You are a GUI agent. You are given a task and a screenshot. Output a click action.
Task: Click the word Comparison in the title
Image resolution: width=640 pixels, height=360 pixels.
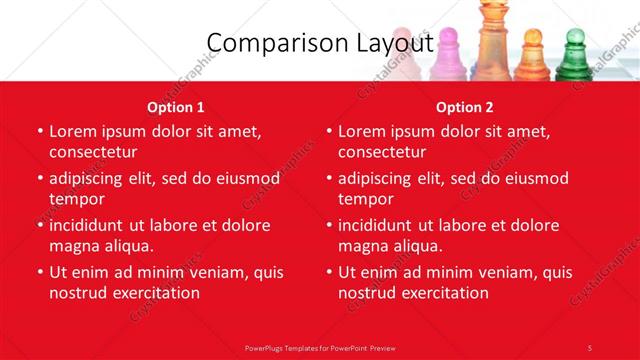(265, 43)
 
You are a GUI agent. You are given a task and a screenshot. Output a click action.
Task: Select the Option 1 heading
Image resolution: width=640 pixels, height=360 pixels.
(176, 107)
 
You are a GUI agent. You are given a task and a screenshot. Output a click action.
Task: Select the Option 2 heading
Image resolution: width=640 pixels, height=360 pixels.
(465, 107)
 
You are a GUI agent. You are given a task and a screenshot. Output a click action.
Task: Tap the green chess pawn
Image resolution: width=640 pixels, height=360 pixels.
(574, 57)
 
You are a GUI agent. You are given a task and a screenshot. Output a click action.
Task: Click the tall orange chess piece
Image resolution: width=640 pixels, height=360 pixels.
(490, 45)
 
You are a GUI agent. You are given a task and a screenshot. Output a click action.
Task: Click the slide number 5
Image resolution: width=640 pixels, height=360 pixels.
(590, 347)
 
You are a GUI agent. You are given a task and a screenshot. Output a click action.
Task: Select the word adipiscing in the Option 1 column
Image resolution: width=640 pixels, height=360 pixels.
(95, 178)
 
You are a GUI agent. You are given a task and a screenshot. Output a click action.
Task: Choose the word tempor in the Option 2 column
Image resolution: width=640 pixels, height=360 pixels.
(366, 200)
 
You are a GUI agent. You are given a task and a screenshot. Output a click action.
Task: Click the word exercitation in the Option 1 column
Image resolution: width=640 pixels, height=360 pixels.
(154, 293)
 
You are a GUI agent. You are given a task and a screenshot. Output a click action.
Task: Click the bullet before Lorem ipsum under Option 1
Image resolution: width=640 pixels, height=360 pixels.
(40, 132)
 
